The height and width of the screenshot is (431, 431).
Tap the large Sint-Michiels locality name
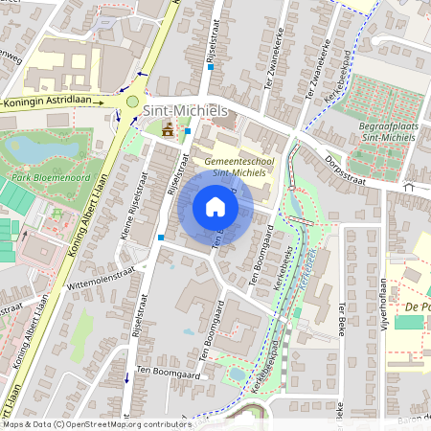point(185,111)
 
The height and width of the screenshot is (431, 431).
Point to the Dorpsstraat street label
point(348,167)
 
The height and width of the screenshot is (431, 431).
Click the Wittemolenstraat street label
point(101,276)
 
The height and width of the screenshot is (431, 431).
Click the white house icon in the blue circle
point(215,207)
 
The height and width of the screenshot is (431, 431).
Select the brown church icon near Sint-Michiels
point(169,129)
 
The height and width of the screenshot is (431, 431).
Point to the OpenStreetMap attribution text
point(96,423)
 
